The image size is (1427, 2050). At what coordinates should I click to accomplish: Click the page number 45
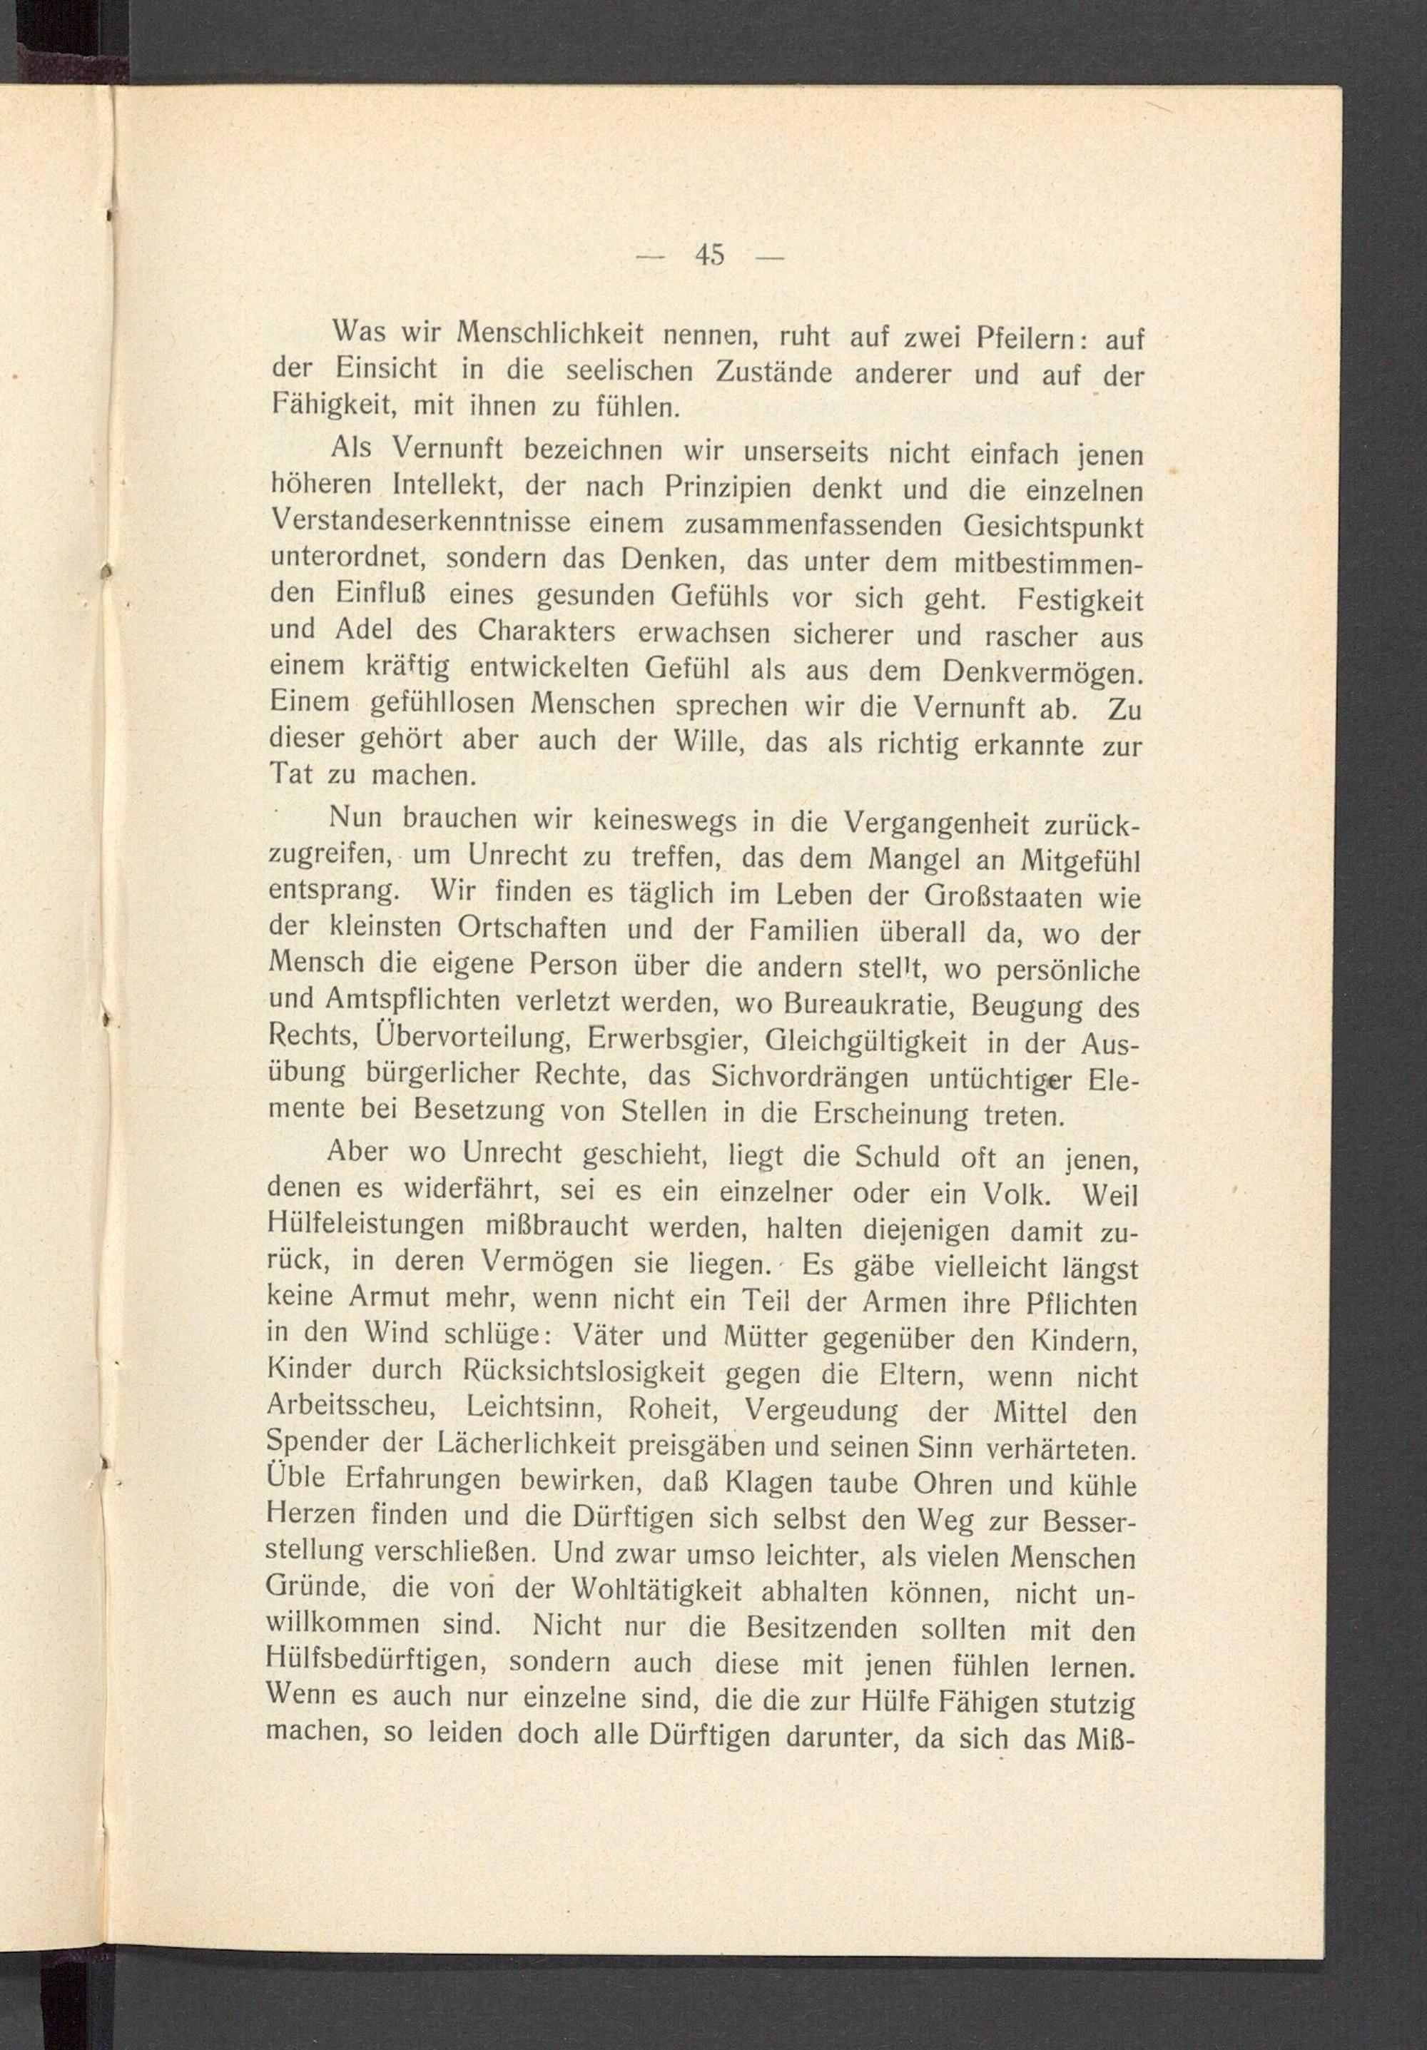pyautogui.click(x=710, y=256)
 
